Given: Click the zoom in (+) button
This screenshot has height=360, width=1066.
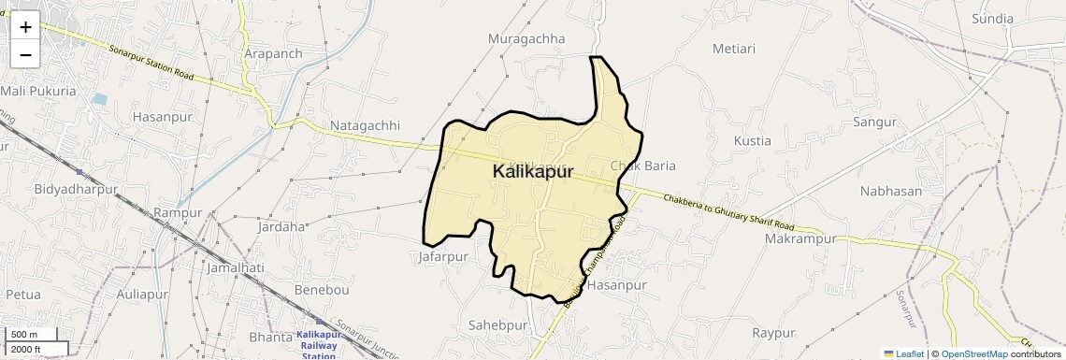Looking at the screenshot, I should point(25,27).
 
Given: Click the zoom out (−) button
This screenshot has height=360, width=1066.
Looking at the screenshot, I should point(25,55).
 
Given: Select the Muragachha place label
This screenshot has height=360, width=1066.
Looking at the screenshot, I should point(527,38).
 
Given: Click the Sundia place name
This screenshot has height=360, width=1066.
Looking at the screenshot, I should point(992,19).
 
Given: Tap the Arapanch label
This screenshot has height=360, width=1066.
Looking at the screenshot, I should point(273,53).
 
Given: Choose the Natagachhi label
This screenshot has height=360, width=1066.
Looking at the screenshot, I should point(365,125).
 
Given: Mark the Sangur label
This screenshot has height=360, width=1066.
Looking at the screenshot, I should point(874,122).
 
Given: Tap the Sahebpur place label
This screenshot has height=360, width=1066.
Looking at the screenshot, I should point(498,325).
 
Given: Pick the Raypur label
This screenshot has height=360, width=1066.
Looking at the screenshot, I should point(773,332).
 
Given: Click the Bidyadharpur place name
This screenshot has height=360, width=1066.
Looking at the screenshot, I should point(76,189).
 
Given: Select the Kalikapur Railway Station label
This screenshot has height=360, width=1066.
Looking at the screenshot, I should point(317,345).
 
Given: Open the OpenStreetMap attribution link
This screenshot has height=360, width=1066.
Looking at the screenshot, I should point(973,353).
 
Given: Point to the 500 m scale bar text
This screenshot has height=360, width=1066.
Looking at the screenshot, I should point(24,335).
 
